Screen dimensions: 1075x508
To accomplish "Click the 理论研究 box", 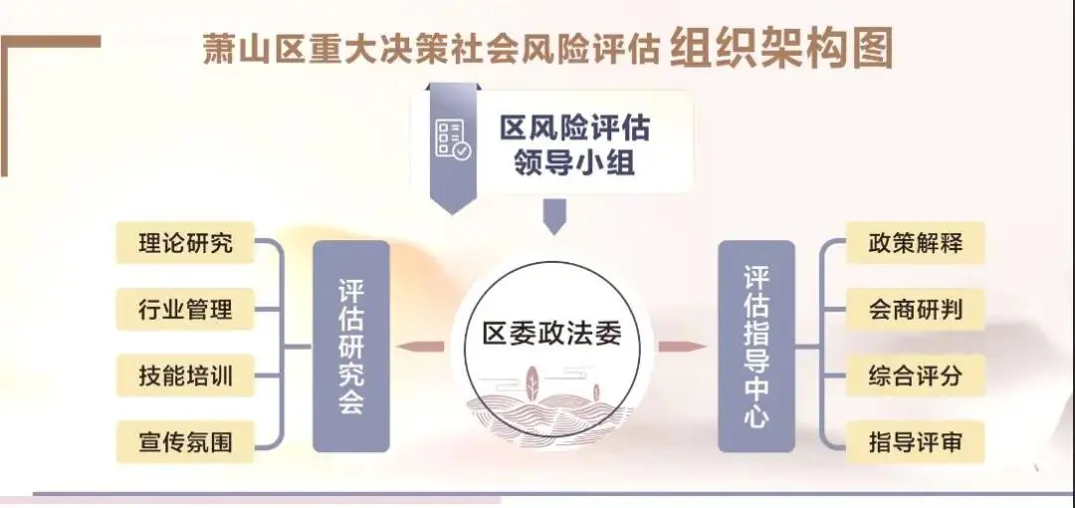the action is [186, 243].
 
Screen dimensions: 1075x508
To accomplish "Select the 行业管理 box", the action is [186, 310].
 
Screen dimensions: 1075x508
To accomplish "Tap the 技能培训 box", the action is [186, 377].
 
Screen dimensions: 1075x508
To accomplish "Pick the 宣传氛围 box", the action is [186, 442].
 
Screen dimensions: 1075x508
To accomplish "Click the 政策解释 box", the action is [916, 243].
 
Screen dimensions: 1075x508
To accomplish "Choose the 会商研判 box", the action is [916, 310].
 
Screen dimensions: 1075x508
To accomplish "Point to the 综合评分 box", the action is [916, 377].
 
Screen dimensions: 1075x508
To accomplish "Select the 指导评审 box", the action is [916, 442].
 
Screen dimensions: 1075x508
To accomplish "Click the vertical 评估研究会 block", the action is [351, 347].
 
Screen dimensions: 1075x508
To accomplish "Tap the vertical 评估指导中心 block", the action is [756, 347].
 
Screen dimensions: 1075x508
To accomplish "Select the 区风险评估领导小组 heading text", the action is [574, 146].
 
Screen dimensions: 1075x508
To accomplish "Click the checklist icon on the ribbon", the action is [453, 140].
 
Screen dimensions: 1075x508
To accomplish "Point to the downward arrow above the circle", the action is [552, 216].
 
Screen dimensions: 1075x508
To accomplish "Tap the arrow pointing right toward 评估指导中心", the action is [683, 347].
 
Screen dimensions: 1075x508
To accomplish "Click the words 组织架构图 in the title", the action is [781, 47].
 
